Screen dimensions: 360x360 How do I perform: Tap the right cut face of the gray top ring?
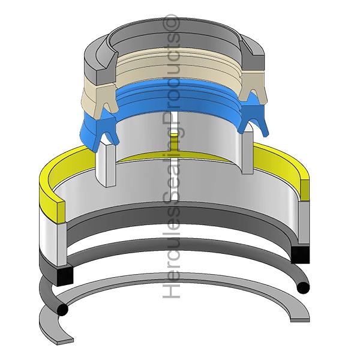[x=252, y=55]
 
